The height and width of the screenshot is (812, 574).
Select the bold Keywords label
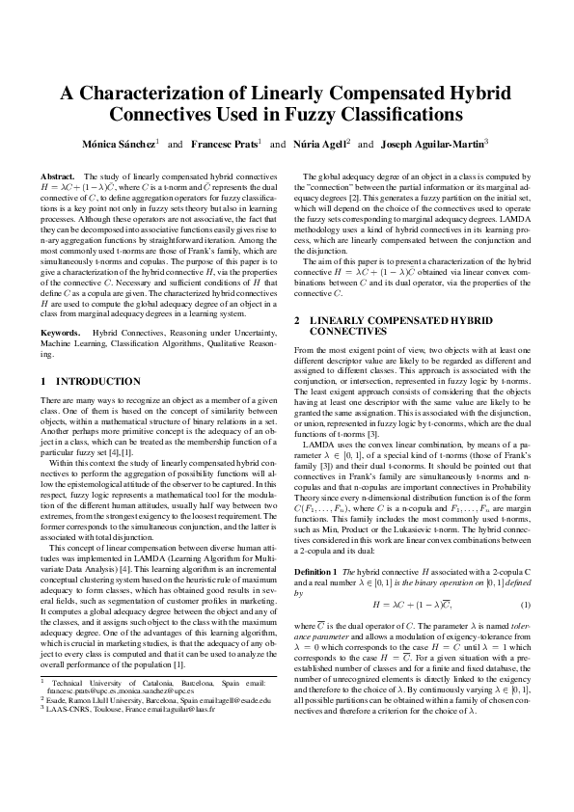[61, 333]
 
